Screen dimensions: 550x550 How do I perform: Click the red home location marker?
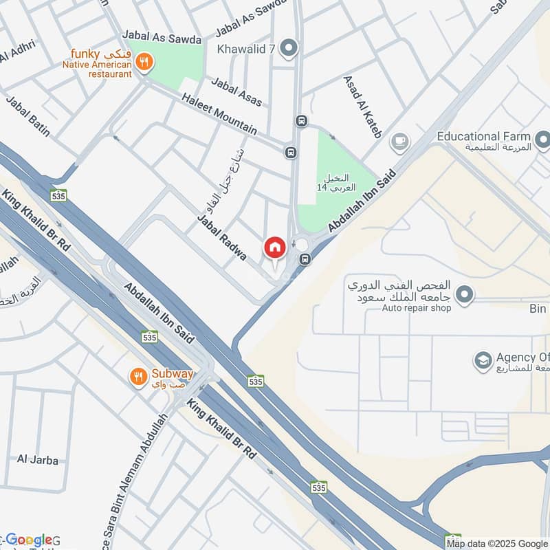[274, 247]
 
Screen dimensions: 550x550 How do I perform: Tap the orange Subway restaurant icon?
[139, 376]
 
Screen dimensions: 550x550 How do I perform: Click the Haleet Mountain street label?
[219, 114]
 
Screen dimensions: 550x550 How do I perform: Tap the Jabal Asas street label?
[236, 92]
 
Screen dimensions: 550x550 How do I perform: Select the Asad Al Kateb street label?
[362, 107]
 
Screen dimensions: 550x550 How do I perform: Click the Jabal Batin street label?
[28, 115]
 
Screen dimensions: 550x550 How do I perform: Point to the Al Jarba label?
[38, 460]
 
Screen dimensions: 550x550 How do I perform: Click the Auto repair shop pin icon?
[465, 295]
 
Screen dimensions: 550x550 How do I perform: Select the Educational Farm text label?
[485, 136]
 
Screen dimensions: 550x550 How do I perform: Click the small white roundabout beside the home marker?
[302, 245]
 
